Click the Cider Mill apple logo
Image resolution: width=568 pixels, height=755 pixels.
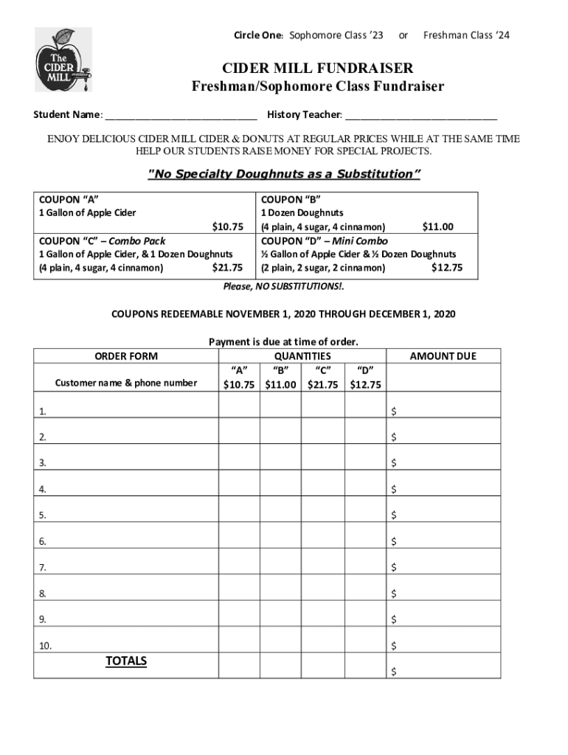pos(63,59)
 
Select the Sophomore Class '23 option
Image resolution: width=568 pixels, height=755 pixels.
pos(336,35)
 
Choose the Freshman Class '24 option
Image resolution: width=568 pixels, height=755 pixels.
pos(465,35)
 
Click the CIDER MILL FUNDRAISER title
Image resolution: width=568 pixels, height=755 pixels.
pos(318,69)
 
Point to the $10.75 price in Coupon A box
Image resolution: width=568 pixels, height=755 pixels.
pos(227,226)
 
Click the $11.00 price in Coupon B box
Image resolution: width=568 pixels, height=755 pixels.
pos(437,227)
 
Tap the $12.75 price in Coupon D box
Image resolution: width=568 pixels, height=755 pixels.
pos(447,268)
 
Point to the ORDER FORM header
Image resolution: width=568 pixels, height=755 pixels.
pos(126,356)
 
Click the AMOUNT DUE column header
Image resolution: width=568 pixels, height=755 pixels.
pos(443,356)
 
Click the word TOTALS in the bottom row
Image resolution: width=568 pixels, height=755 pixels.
pos(126,661)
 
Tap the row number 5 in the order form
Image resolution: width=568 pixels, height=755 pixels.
pos(43,515)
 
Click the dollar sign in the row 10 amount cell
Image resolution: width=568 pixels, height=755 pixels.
pos(394,646)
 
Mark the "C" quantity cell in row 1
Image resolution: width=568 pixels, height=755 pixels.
pos(322,410)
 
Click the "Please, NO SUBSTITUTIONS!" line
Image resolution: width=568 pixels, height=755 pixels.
pos(283,287)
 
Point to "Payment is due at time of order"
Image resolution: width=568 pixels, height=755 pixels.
pos(283,341)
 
